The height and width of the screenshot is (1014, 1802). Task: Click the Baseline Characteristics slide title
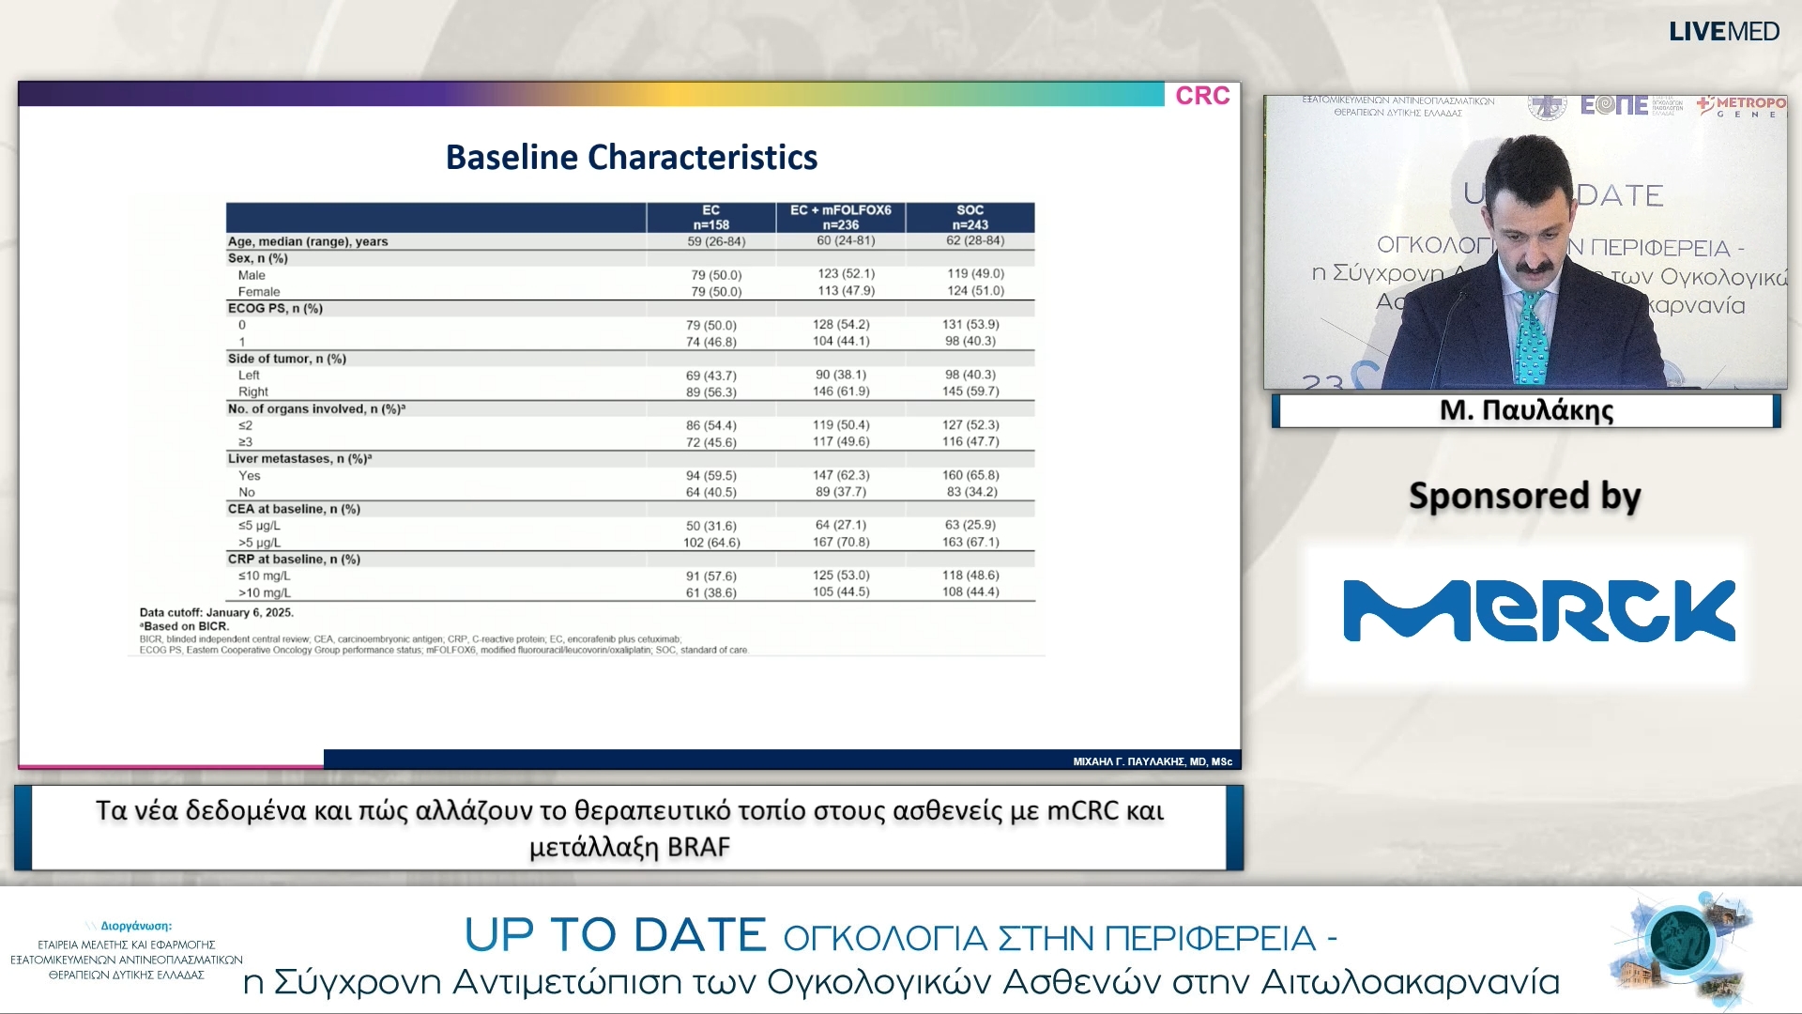[631, 158]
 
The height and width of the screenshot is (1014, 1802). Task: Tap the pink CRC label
[1202, 96]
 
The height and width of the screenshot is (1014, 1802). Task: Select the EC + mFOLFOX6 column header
[840, 217]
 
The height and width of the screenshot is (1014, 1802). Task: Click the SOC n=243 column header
[970, 217]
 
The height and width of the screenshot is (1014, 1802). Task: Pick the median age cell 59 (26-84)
[716, 241]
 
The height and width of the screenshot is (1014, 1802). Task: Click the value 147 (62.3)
[841, 475]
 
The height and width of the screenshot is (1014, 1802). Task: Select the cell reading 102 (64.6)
[711, 543]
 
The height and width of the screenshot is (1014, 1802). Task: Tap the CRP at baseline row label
[294, 560]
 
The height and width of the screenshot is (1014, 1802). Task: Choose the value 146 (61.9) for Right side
[841, 392]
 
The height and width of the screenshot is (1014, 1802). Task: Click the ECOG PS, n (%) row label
[275, 308]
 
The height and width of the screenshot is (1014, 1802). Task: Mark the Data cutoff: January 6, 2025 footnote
[217, 612]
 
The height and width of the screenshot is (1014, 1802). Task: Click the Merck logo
[1538, 610]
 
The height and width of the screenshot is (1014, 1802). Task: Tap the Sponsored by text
[1524, 496]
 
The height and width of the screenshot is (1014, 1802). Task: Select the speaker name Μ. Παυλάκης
[1526, 410]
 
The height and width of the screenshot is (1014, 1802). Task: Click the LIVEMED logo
[1723, 32]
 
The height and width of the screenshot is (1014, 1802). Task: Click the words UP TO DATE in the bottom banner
[616, 935]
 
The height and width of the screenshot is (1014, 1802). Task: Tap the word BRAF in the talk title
[698, 848]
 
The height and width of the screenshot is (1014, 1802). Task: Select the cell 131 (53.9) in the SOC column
[970, 325]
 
